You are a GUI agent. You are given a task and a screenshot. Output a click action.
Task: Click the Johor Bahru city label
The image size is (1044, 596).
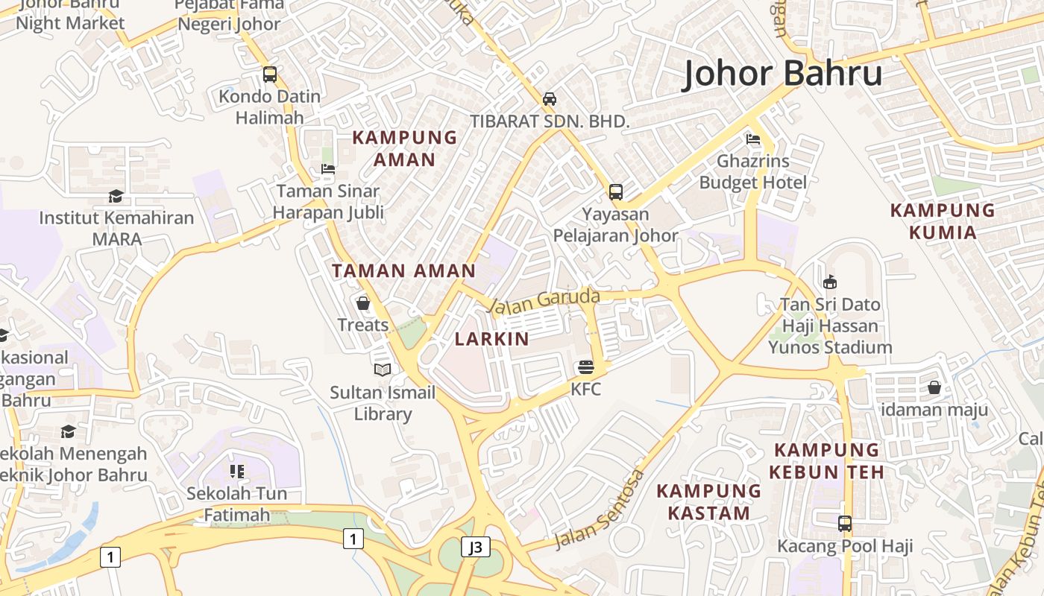[x=782, y=74]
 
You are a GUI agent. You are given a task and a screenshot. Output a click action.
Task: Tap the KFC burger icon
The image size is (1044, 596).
[x=586, y=367]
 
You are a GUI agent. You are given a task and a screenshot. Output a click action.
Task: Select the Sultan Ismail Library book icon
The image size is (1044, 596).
[x=383, y=370]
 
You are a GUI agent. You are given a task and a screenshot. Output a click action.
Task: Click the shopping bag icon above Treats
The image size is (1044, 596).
[x=363, y=303]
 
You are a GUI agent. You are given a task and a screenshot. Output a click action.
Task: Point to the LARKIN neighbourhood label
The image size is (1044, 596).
[x=492, y=339]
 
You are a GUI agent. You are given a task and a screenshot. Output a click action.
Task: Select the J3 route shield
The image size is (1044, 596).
[x=475, y=548]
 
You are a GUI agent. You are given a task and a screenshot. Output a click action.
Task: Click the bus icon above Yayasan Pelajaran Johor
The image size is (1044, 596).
[x=616, y=192]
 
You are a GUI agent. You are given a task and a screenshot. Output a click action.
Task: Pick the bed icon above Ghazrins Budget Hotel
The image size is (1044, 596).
[x=753, y=139]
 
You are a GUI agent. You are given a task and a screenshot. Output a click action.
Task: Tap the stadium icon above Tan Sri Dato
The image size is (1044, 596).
[x=830, y=282]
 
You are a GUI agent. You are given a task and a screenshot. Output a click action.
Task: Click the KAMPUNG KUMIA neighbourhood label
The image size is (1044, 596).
[x=943, y=221]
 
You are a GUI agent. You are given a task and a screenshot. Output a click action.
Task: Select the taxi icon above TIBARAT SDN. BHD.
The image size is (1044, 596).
[x=550, y=99]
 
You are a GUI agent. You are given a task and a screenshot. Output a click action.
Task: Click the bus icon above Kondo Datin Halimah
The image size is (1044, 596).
[x=270, y=74]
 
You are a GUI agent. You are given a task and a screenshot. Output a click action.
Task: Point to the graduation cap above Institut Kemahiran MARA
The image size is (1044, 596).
[x=116, y=196]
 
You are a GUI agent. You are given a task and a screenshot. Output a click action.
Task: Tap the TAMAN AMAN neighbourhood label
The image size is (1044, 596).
[x=403, y=270]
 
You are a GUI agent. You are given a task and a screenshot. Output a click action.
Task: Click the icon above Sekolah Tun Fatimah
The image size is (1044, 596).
[x=237, y=471]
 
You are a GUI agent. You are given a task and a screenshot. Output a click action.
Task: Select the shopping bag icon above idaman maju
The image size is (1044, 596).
[x=934, y=387]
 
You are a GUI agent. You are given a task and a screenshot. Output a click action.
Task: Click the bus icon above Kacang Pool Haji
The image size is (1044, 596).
[x=845, y=524]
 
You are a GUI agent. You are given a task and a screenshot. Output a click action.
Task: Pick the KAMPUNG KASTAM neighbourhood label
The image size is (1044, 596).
[x=708, y=501]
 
